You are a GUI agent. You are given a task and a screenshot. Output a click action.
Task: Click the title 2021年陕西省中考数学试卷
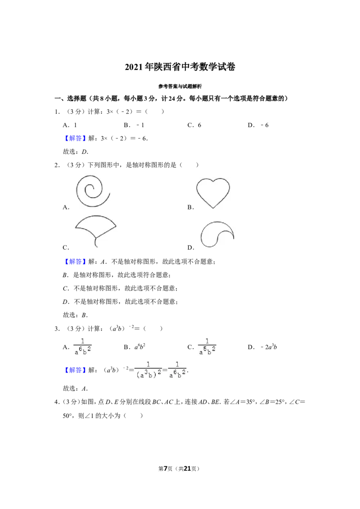180,67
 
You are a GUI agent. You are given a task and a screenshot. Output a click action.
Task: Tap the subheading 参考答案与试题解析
180,86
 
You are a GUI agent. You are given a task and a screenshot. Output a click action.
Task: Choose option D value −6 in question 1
265,125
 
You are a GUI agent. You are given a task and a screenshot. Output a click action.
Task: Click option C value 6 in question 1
199,125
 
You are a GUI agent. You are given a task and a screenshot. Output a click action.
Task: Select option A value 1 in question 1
76,125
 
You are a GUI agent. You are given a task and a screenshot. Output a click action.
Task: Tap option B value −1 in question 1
140,125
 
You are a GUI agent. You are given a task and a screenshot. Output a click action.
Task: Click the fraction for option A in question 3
82,347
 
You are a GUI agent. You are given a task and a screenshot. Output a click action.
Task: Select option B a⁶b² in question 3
140,347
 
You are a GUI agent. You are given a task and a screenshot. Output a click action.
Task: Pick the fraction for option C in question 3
207,347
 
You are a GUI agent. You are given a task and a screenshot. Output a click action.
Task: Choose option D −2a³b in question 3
269,347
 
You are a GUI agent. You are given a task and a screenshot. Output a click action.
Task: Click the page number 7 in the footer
166,469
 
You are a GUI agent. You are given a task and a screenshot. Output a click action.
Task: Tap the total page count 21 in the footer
187,469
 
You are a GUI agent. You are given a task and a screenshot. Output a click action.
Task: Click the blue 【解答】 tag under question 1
75,138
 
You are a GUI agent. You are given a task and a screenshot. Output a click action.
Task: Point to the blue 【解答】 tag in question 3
75,370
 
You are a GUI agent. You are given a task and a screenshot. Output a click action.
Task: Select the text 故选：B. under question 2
76,315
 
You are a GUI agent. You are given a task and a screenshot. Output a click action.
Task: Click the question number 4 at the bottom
57,402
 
